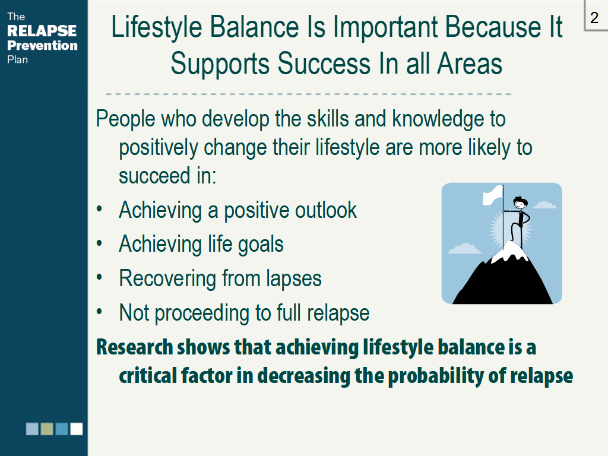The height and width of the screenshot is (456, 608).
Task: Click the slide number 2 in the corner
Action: click(x=594, y=18)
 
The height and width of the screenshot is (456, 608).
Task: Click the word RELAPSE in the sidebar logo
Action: click(x=42, y=31)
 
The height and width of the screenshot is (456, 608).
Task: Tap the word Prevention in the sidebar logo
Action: click(x=42, y=45)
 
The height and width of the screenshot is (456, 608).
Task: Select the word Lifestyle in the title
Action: click(x=157, y=28)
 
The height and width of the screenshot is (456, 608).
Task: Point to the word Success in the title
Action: click(x=324, y=64)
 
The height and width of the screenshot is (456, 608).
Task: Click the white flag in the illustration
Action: click(x=492, y=195)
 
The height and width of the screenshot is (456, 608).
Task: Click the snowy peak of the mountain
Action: click(x=511, y=252)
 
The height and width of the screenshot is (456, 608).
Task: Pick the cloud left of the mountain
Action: click(x=464, y=249)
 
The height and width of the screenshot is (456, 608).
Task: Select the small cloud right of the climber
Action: click(x=544, y=205)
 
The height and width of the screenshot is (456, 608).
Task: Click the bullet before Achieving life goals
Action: click(x=99, y=243)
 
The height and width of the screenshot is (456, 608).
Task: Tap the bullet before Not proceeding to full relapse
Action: click(x=99, y=312)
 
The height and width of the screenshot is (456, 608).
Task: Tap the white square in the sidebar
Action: click(x=77, y=429)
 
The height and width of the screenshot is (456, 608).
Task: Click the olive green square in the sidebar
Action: click(x=47, y=429)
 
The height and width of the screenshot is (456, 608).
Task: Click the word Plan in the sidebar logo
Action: click(x=17, y=60)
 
